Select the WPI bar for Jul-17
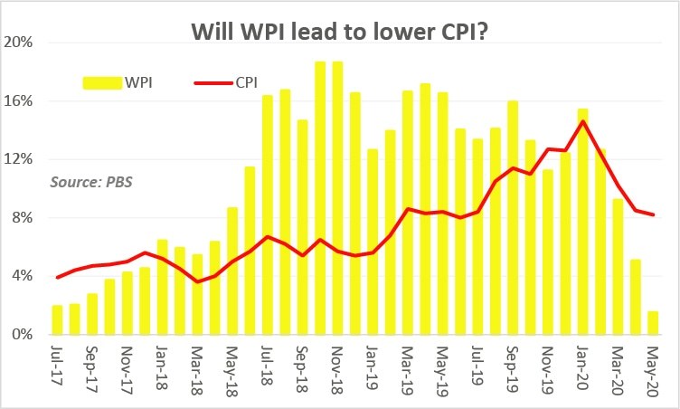[58, 320]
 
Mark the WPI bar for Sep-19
[513, 217]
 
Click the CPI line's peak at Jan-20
[583, 121]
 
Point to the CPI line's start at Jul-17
[58, 278]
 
